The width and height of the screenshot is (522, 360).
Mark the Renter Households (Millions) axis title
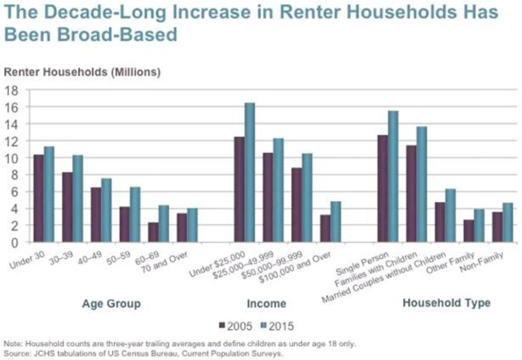click(83, 72)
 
